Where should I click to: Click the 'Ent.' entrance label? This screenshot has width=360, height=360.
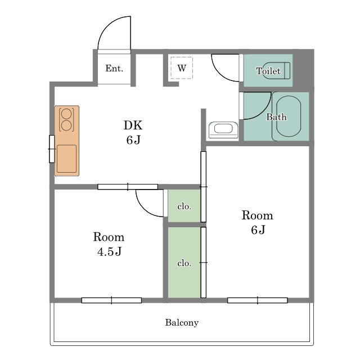coord(114,68)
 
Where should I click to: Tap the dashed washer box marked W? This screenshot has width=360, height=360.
coord(182,68)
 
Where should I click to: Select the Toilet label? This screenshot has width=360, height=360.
coord(268,71)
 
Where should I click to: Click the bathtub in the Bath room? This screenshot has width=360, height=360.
coord(289,116)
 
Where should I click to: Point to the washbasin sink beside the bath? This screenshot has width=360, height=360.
coord(223,130)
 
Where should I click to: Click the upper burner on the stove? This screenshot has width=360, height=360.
coord(66,113)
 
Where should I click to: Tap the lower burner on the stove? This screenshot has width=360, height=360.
coord(66,125)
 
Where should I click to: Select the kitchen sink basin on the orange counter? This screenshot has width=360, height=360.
coord(66,159)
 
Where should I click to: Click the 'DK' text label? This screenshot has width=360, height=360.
coord(133,125)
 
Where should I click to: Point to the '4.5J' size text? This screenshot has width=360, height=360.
coord(109,251)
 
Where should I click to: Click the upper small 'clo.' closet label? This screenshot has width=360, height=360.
coord(184,206)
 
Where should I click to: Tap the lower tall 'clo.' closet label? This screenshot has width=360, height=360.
coord(184,263)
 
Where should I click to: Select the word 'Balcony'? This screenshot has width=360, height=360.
coord(182,322)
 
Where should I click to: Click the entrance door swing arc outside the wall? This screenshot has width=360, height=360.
coord(108,26)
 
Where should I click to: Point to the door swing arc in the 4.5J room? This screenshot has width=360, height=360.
coord(143,209)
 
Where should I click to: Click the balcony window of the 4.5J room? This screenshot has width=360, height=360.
coord(111,300)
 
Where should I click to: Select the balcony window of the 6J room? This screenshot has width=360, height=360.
coord(258,300)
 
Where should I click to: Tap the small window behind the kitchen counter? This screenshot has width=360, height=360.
coord(52,149)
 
